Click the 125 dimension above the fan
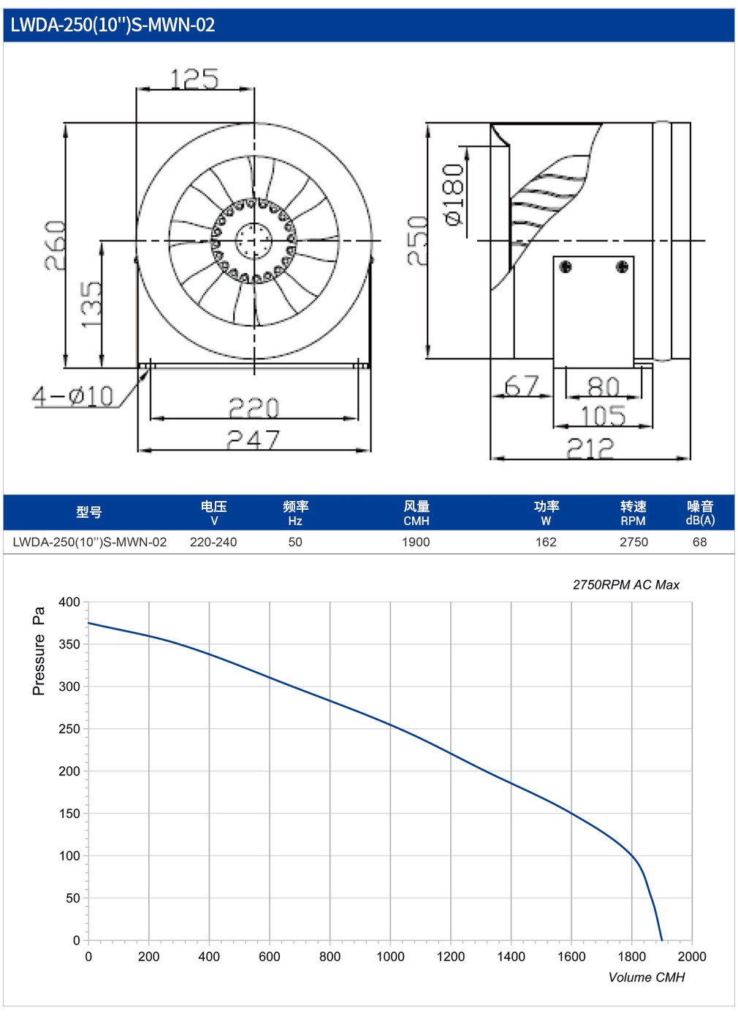point(194,79)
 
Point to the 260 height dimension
point(56,245)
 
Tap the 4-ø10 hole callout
point(72,396)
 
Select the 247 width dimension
point(253,440)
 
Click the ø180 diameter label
point(454,194)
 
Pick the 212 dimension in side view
point(590,448)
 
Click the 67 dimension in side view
point(522,386)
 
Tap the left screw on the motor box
point(566,267)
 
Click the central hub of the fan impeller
point(254,241)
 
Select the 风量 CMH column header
point(416,513)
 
